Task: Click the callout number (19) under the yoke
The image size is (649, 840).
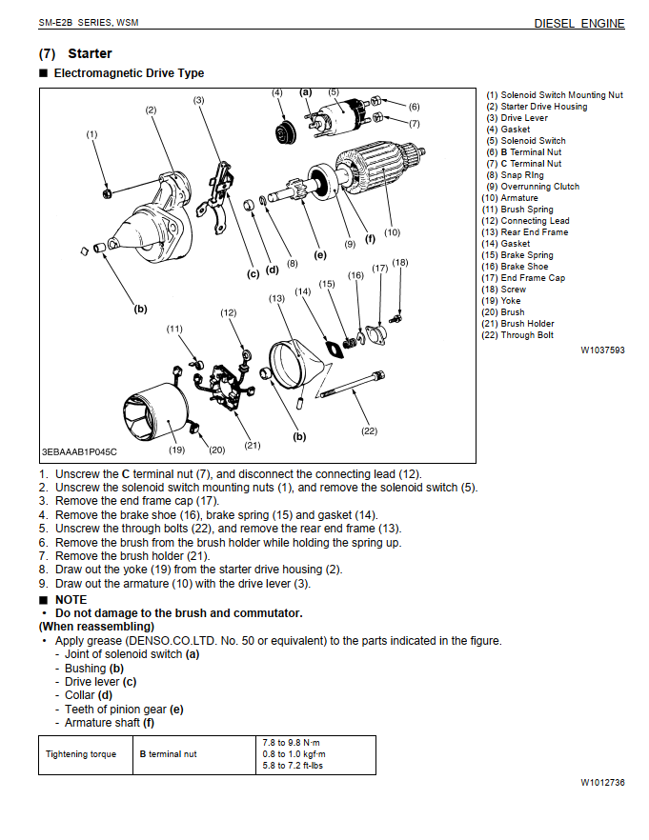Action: [x=177, y=450]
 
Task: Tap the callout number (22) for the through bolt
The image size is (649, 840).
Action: [x=369, y=430]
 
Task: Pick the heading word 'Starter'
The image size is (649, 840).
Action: [x=90, y=53]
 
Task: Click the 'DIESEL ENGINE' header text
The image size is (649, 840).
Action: [x=578, y=23]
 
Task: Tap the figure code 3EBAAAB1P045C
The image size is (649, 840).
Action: [x=79, y=452]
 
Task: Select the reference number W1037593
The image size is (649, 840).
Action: [x=602, y=350]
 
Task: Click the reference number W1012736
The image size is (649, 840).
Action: [x=602, y=782]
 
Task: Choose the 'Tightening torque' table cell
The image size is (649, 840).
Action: [x=80, y=754]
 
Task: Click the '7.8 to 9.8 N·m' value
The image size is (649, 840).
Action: [x=292, y=742]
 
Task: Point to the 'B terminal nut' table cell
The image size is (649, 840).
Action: [x=168, y=754]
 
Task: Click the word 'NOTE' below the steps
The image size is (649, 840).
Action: [x=71, y=600]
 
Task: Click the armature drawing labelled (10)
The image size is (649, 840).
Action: [x=372, y=176]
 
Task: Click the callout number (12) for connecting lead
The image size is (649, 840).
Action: [x=228, y=312]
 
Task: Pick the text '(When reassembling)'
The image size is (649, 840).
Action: [x=96, y=627]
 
